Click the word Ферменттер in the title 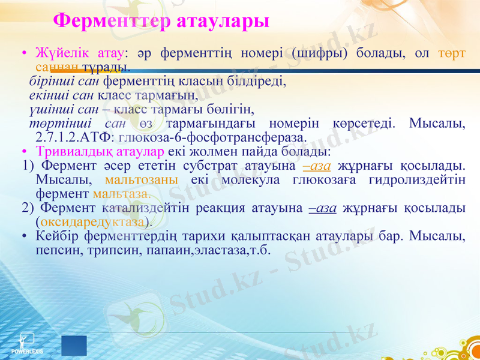(x=112, y=21)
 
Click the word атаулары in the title (x=223, y=21)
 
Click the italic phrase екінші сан (x=62, y=95)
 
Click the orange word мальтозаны (x=141, y=179)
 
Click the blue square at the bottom (x=74, y=346)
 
